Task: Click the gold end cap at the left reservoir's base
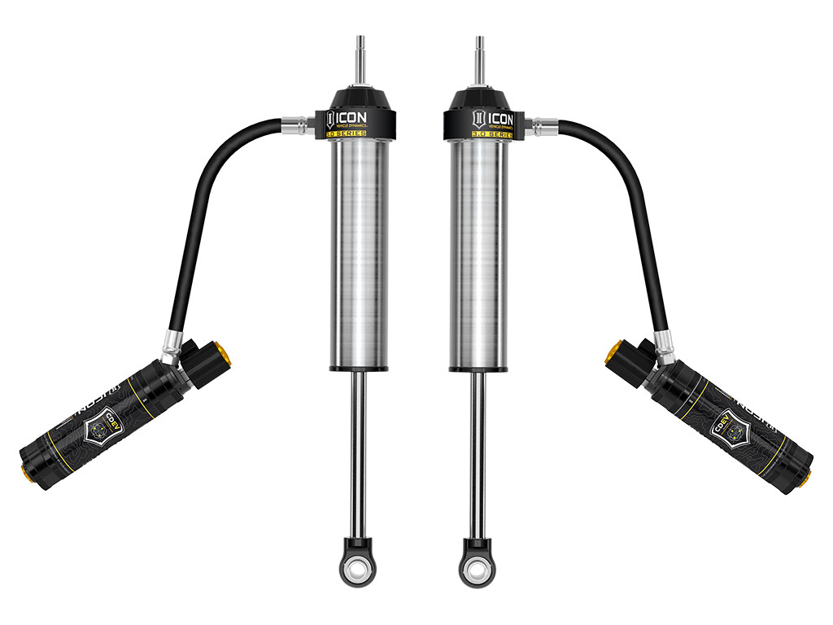26,474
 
